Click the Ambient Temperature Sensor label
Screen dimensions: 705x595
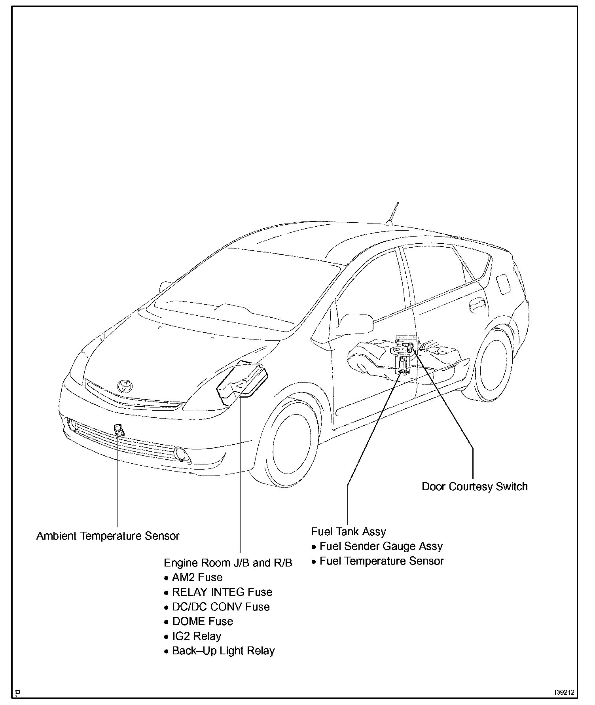108,536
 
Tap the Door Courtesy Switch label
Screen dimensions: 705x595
474,486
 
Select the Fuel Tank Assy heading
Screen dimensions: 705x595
348,531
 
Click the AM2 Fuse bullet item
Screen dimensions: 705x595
197,577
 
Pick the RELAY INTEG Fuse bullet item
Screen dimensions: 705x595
222,592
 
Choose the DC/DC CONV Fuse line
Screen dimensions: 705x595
221,606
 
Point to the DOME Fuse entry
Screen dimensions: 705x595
203,621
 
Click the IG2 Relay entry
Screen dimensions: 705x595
197,636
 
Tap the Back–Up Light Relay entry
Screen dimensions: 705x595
223,651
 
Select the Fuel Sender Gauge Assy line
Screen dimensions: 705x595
381,546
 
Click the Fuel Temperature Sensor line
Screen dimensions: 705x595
381,561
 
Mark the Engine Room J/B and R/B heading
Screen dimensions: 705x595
228,563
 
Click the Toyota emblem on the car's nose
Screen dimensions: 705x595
125,386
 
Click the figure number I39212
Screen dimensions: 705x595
564,693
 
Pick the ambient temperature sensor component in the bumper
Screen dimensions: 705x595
118,429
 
